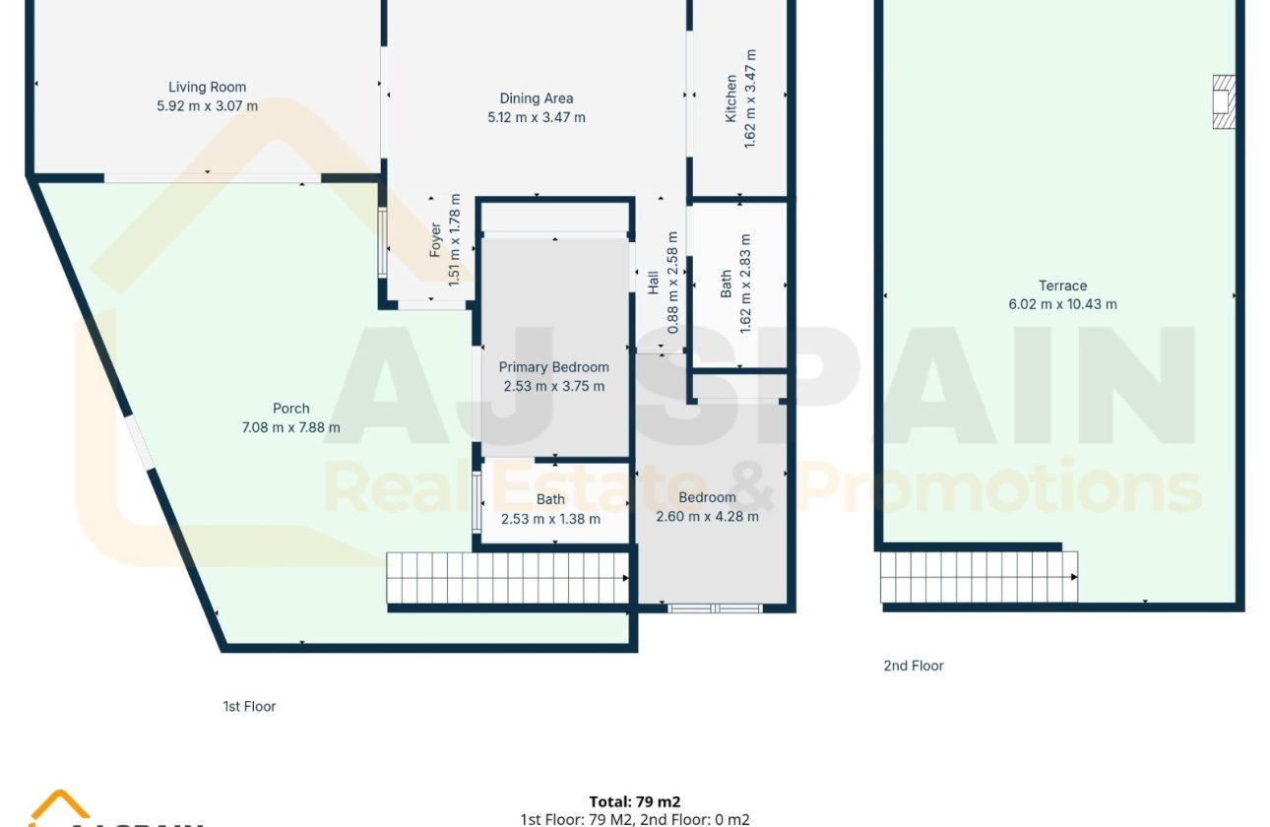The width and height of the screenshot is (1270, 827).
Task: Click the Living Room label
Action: click(207, 88)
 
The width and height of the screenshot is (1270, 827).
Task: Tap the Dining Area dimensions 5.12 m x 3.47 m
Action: click(537, 117)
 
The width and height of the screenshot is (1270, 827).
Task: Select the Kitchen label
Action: click(730, 98)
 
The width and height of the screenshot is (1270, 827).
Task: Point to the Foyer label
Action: click(436, 240)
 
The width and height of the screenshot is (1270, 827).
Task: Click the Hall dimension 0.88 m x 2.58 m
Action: click(672, 283)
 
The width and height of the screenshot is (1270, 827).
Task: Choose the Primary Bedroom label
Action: click(553, 367)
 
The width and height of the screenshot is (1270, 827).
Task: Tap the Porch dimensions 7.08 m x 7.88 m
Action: click(291, 427)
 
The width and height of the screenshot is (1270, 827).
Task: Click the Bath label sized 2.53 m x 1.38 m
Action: click(550, 500)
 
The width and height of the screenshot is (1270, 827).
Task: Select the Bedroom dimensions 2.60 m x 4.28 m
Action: click(707, 516)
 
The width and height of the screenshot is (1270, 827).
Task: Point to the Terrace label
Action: click(1062, 286)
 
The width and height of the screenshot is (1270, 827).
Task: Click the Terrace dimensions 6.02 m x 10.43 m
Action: click(1062, 304)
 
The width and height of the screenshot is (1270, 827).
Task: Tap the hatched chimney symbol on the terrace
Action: click(1223, 101)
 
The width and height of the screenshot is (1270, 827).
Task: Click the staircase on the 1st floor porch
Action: click(507, 578)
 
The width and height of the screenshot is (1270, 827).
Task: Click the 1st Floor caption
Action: click(249, 706)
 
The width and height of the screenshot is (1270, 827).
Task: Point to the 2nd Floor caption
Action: click(913, 666)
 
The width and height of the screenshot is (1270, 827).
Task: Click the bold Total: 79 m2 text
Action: click(635, 801)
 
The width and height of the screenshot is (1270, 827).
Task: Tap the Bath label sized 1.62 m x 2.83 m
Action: click(727, 285)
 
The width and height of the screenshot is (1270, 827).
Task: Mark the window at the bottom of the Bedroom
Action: click(715, 608)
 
